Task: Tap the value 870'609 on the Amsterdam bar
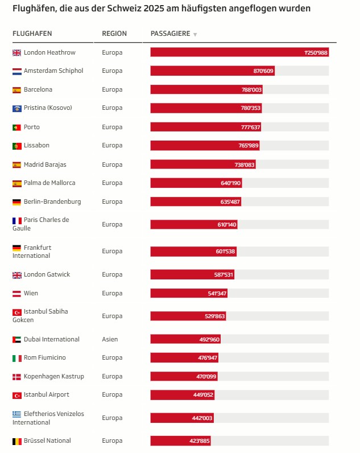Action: click(x=263, y=71)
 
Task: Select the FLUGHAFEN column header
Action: click(x=28, y=34)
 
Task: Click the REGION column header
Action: click(x=114, y=34)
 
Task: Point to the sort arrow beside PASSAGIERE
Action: click(x=195, y=34)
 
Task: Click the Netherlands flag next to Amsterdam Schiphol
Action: click(x=16, y=71)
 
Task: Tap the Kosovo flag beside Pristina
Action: click(x=16, y=108)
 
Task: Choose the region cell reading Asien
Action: click(x=110, y=339)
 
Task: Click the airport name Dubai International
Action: click(x=51, y=339)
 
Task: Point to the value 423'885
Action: click(x=200, y=441)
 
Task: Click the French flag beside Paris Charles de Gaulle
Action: click(x=16, y=220)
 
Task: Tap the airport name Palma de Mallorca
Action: click(x=49, y=183)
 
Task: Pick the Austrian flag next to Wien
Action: click(x=16, y=294)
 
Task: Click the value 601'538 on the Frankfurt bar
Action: click(x=225, y=252)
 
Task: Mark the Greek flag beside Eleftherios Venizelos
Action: click(x=16, y=414)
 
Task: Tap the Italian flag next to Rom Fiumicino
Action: click(x=16, y=358)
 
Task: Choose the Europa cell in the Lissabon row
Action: click(x=112, y=145)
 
